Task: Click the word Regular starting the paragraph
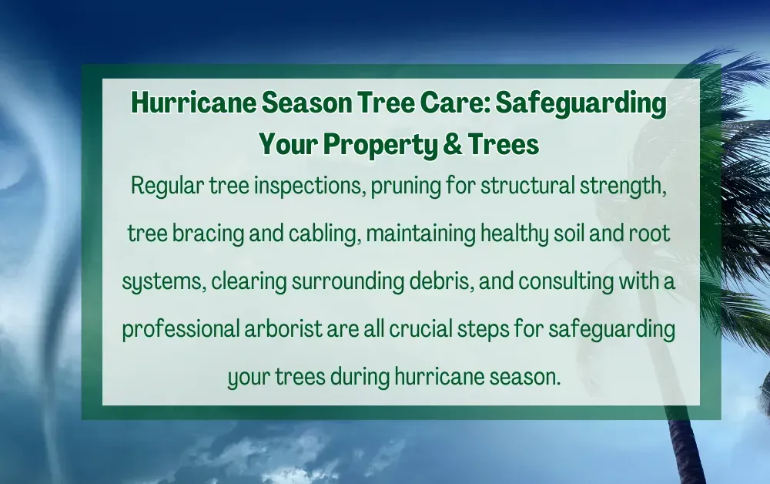pos(163,186)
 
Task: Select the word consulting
pos(565,282)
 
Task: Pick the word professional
pos(181,330)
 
